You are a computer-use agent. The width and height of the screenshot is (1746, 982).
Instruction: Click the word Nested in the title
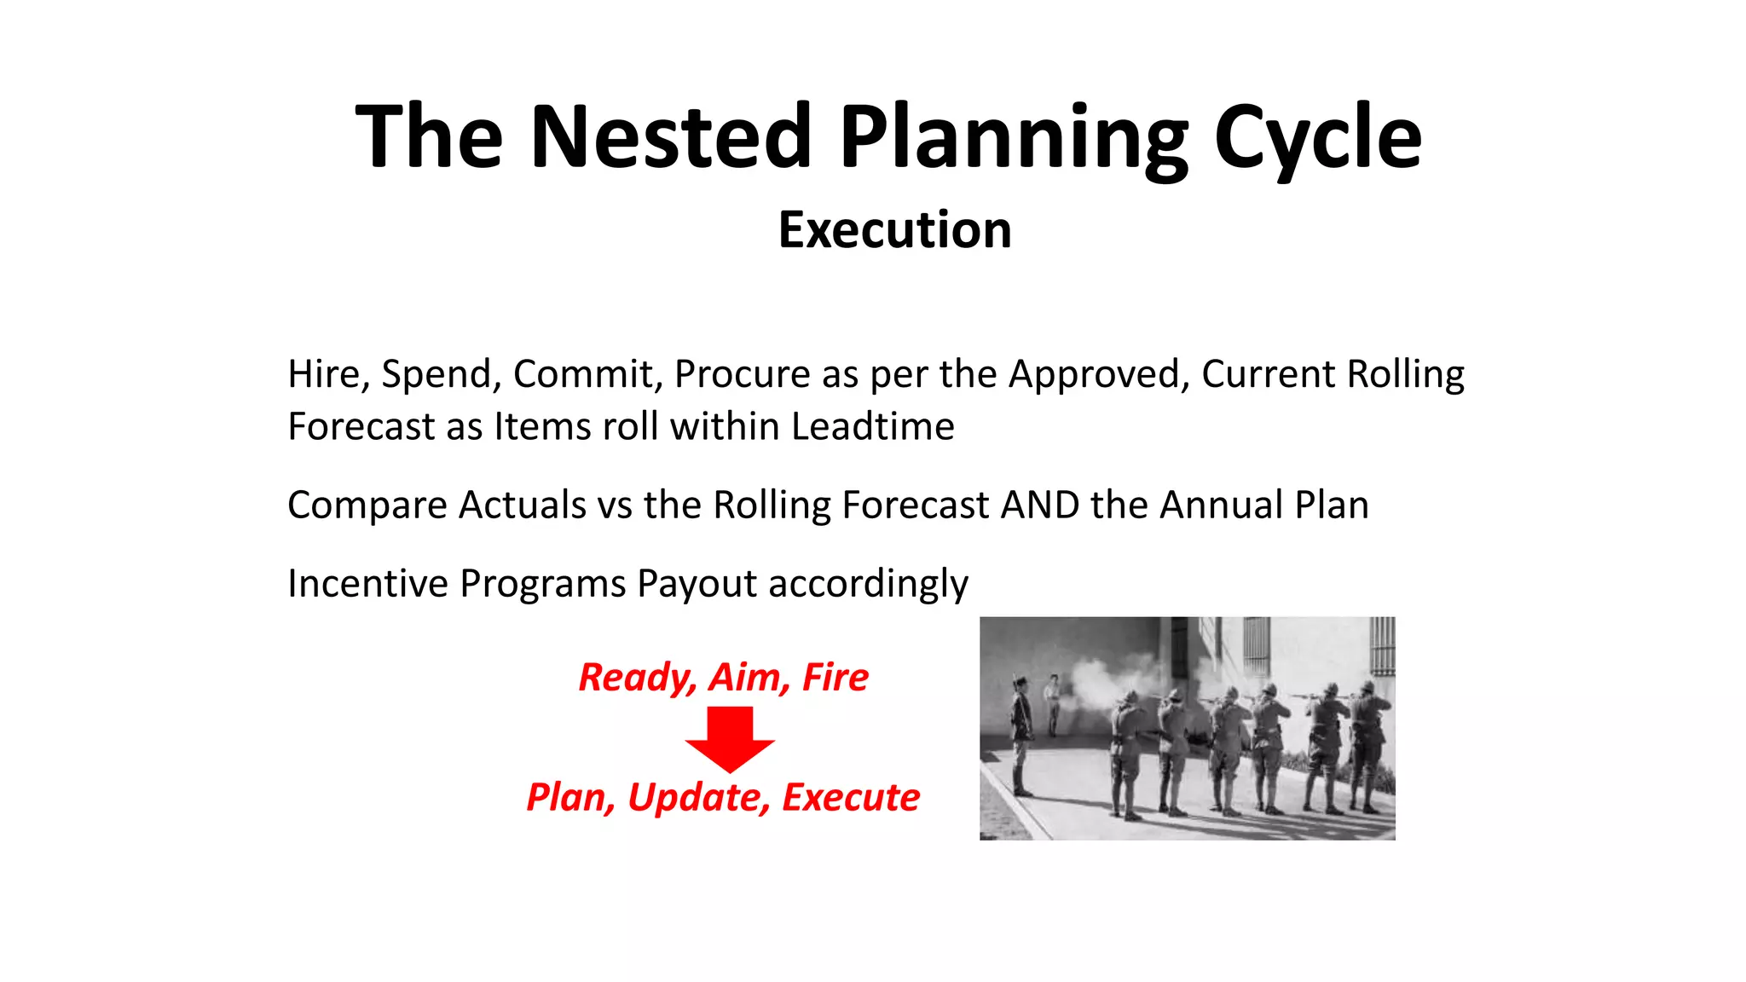(x=671, y=136)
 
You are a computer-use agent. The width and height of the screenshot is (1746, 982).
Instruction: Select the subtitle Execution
(x=894, y=230)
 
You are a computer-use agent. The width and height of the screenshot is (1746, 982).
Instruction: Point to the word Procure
(x=742, y=374)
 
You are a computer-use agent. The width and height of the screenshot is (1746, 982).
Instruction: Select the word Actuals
(x=522, y=505)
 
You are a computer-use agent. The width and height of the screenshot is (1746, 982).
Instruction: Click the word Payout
(x=697, y=584)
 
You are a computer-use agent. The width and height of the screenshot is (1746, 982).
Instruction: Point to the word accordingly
(x=868, y=584)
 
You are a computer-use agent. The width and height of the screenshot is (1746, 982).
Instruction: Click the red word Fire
(x=835, y=678)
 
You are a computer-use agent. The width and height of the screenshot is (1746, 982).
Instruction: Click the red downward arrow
(x=730, y=738)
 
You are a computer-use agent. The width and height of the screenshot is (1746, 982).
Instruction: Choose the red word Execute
(x=851, y=798)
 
